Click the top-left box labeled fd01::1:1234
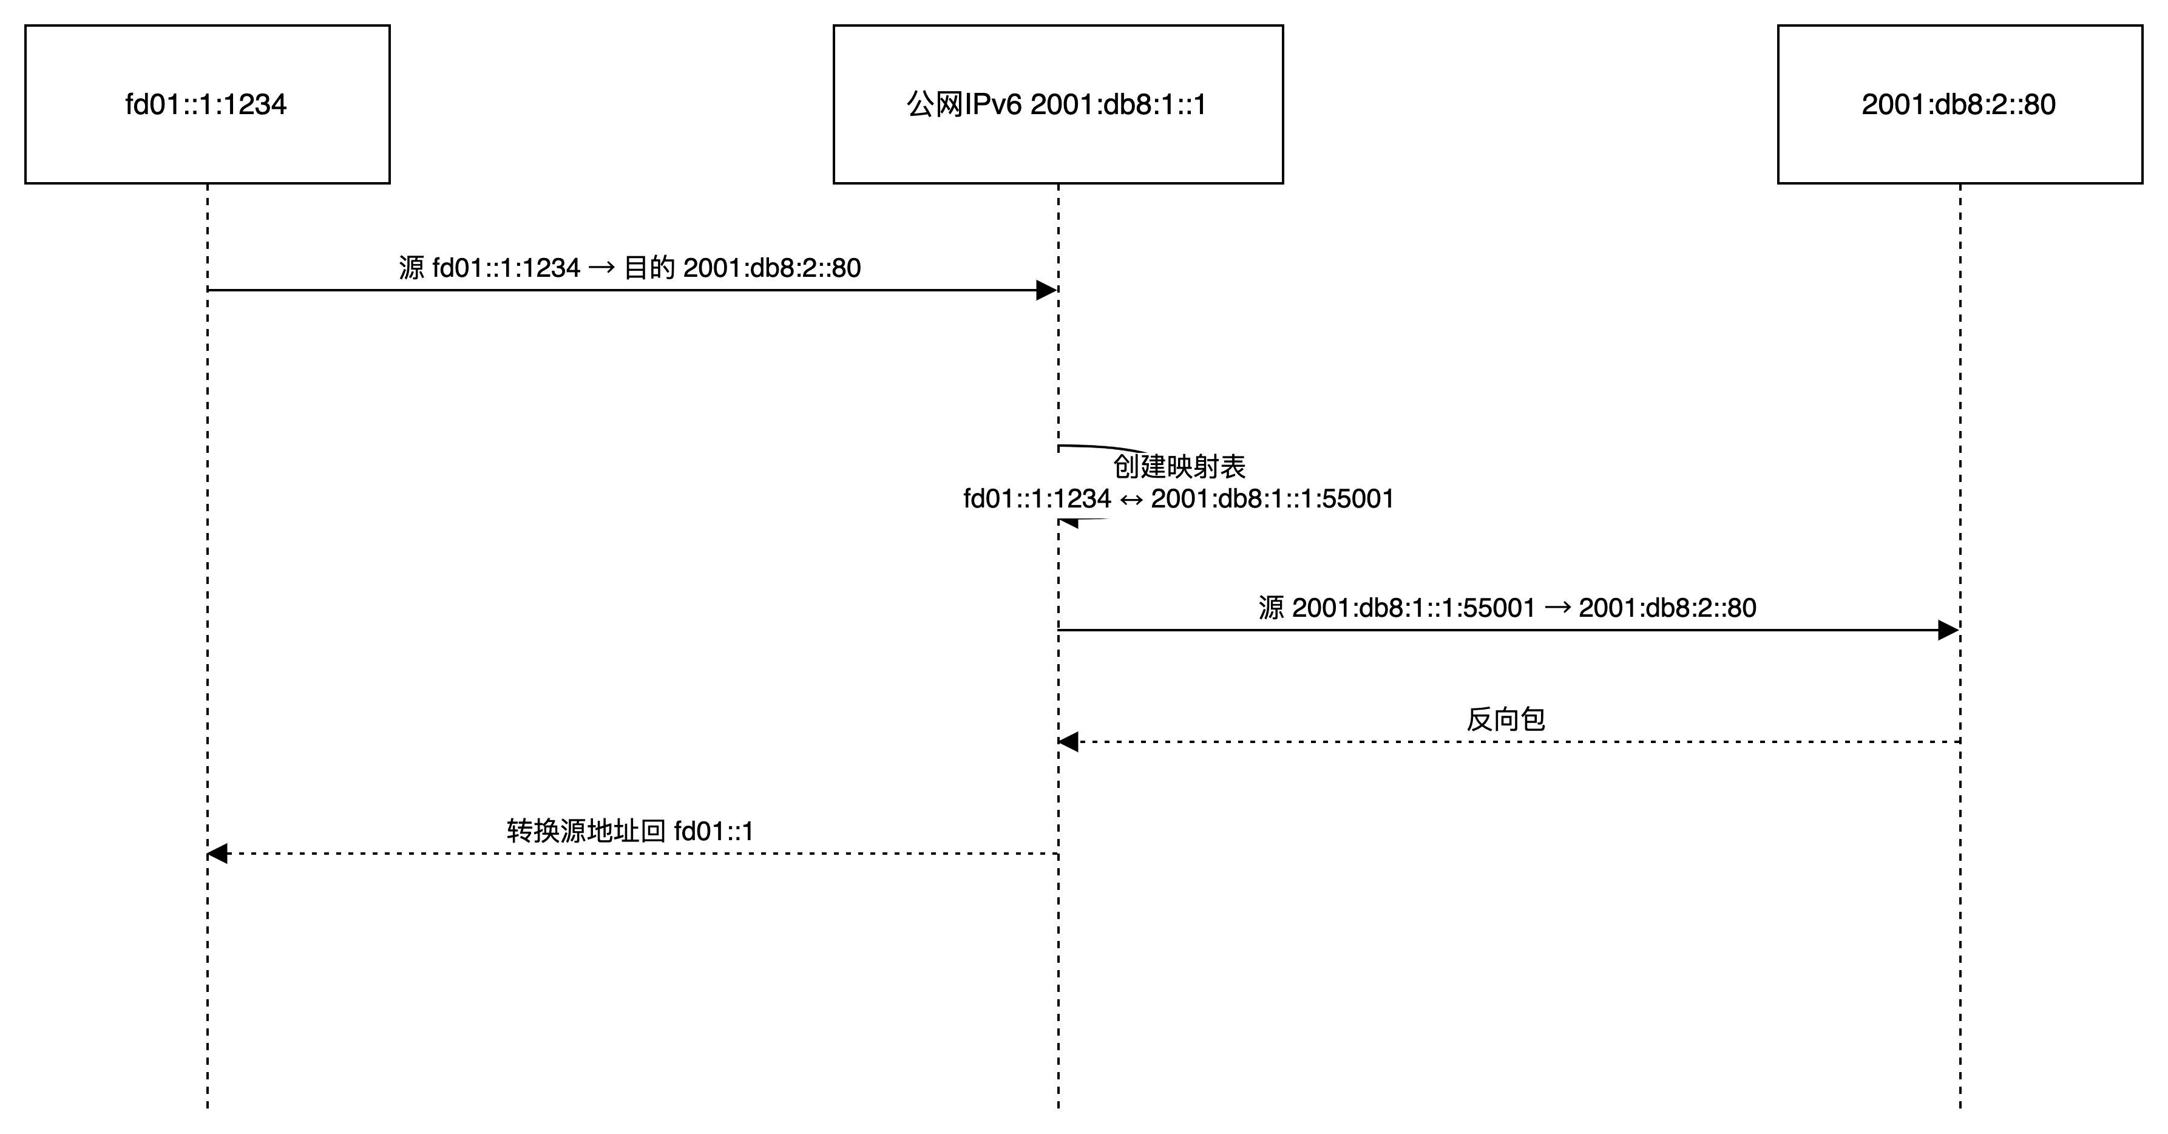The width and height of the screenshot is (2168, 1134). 207,104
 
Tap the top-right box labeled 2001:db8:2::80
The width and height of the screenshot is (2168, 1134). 1959,104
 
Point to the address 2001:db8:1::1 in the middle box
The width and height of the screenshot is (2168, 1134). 1119,104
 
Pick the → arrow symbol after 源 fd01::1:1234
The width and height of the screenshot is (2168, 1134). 601,268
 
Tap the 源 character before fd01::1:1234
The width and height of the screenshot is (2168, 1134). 412,268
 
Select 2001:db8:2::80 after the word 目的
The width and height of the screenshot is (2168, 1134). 772,268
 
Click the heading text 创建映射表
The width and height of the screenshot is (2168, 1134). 1179,466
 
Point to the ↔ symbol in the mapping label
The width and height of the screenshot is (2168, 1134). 1130,499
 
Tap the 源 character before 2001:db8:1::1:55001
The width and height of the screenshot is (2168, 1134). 1272,608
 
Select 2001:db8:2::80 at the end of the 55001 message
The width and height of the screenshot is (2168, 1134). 1667,608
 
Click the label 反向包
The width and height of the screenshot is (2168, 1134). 1506,721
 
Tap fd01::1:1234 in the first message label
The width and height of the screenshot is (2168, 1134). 507,268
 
